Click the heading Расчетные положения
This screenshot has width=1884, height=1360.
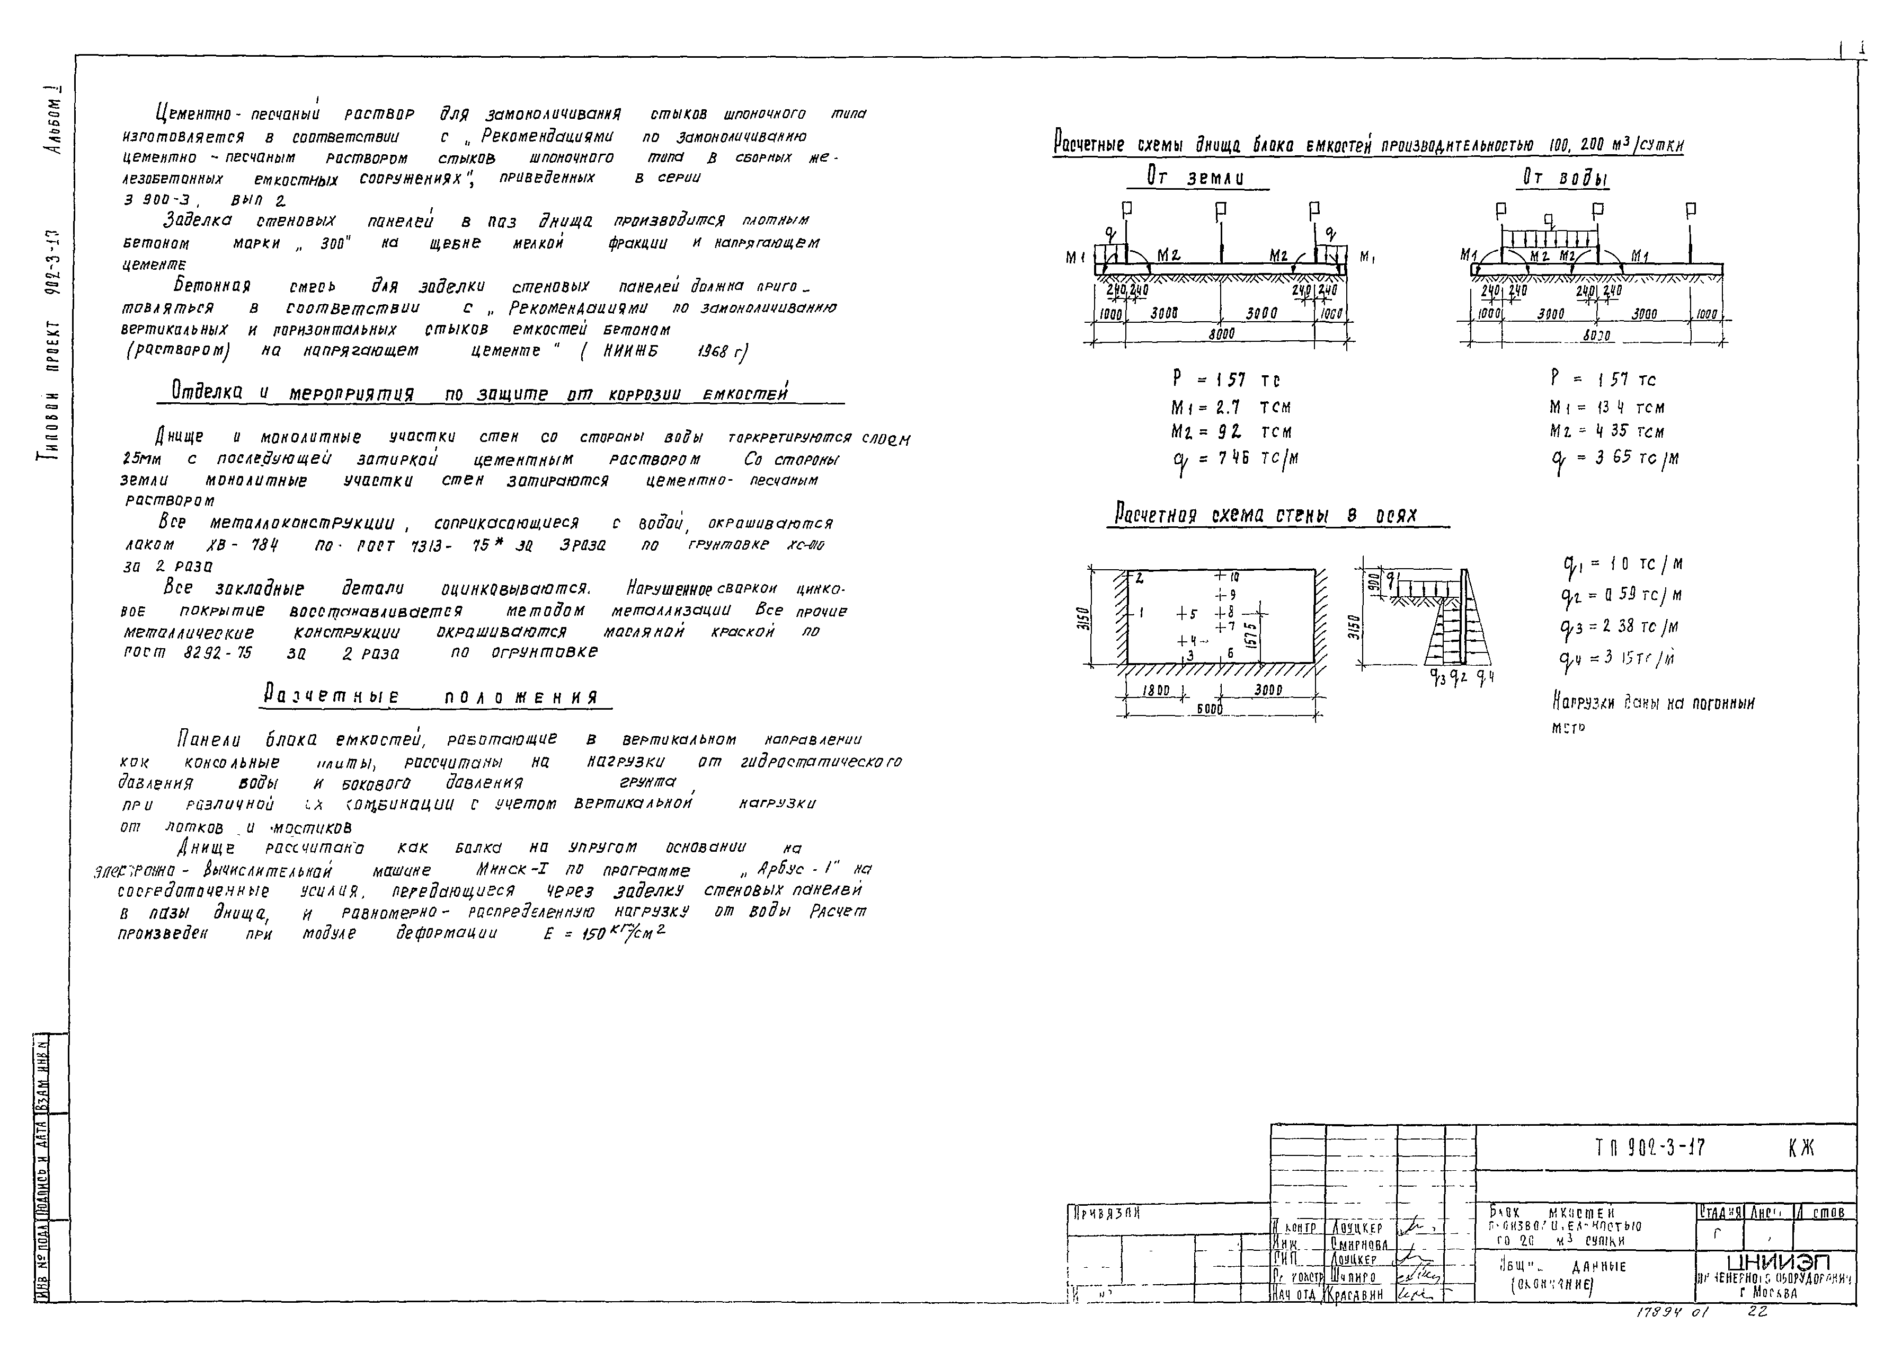pyautogui.click(x=431, y=696)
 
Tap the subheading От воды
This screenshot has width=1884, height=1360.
pyautogui.click(x=1565, y=178)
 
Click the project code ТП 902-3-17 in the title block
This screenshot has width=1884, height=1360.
pyautogui.click(x=1650, y=1147)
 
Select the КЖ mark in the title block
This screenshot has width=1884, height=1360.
pyautogui.click(x=1801, y=1148)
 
